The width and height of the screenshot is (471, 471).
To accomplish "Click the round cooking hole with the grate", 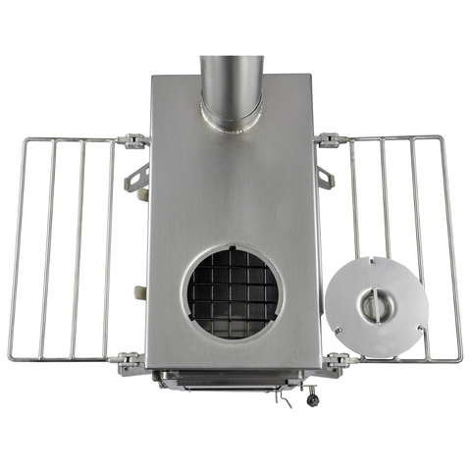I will [232, 291].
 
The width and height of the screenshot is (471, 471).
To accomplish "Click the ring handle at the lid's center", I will [374, 306].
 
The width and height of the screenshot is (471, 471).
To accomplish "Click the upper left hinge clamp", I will [131, 141].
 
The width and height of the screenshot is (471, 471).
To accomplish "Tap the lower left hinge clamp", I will [131, 363].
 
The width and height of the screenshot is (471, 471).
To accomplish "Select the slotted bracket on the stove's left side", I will [136, 179].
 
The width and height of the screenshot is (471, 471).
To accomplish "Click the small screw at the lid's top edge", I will [378, 261].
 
